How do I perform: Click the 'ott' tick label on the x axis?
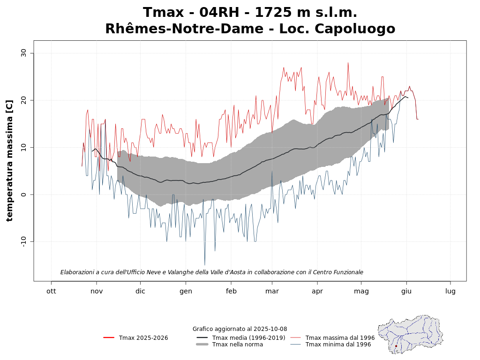pyautogui.click(x=51, y=291)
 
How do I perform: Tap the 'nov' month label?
pyautogui.click(x=97, y=291)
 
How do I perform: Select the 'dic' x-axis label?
pyautogui.click(x=140, y=291)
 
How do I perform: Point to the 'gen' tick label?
pyautogui.click(x=186, y=291)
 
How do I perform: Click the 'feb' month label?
pyautogui.click(x=231, y=291)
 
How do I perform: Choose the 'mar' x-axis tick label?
pyautogui.click(x=272, y=291)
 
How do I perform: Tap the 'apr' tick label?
pyautogui.click(x=317, y=291)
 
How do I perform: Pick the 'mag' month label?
pyautogui.click(x=361, y=291)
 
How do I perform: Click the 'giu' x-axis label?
pyautogui.click(x=406, y=291)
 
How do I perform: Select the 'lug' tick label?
pyautogui.click(x=450, y=291)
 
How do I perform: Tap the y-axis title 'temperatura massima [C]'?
pyautogui.click(x=9, y=160)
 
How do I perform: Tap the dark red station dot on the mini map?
pyautogui.click(x=396, y=346)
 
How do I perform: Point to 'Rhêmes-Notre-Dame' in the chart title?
pyautogui.click(x=184, y=29)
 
